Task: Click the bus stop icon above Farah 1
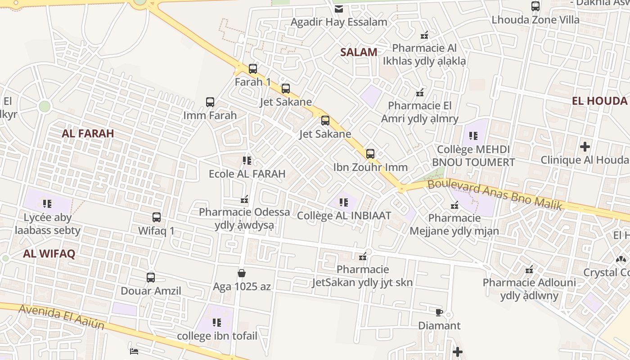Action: pyautogui.click(x=253, y=69)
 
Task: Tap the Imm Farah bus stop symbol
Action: pyautogui.click(x=210, y=102)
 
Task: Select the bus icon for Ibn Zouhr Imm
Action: pyautogui.click(x=370, y=154)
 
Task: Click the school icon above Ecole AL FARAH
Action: pyautogui.click(x=247, y=161)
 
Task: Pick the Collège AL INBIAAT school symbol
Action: pyautogui.click(x=344, y=202)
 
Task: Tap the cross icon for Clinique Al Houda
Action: pyautogui.click(x=585, y=147)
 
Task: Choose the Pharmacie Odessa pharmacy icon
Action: pyautogui.click(x=244, y=199)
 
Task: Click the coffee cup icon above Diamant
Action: pyautogui.click(x=439, y=312)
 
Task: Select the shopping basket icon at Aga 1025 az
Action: pyautogui.click(x=242, y=273)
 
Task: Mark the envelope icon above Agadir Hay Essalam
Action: pyautogui.click(x=339, y=9)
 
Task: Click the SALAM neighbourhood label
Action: pyautogui.click(x=359, y=52)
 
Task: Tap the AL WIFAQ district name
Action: pyautogui.click(x=49, y=254)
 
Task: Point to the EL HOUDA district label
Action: pyautogui.click(x=599, y=101)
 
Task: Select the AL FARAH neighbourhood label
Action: pyautogui.click(x=88, y=134)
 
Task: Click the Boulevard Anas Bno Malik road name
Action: pyautogui.click(x=495, y=194)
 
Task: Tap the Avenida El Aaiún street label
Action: pyautogui.click(x=62, y=316)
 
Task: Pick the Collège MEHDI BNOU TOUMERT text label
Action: pyautogui.click(x=473, y=156)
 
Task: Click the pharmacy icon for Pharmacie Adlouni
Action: pyautogui.click(x=530, y=270)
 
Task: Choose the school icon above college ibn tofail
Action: pyautogui.click(x=217, y=323)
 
